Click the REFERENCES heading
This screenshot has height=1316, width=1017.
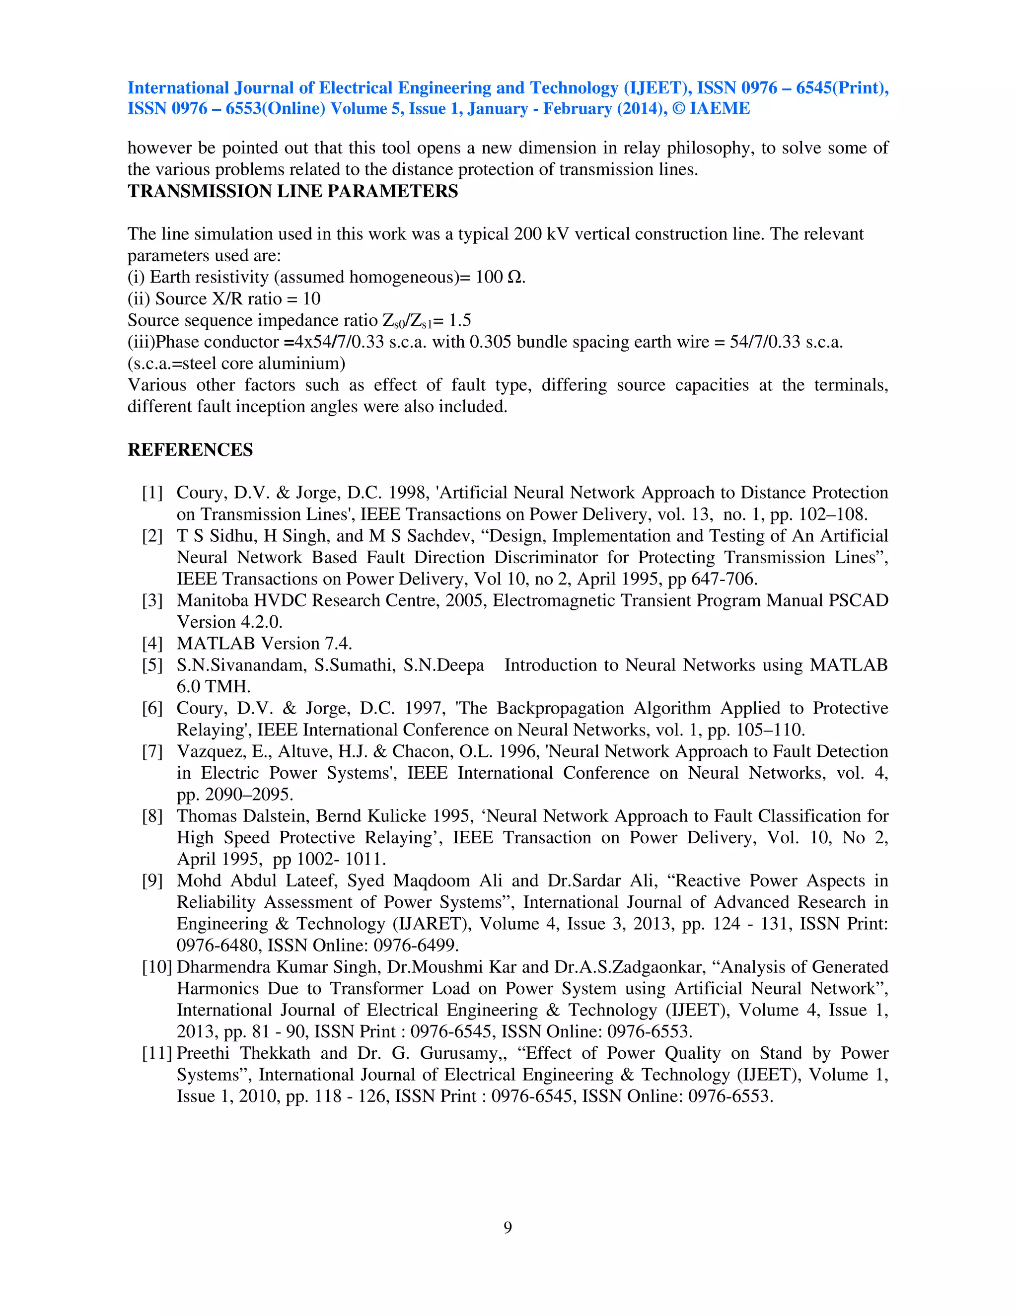(x=190, y=450)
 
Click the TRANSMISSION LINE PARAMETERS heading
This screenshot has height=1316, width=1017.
(x=293, y=191)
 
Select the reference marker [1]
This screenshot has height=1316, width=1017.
(x=152, y=493)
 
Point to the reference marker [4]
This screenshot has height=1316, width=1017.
(x=152, y=644)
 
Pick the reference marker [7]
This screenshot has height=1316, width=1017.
(x=152, y=751)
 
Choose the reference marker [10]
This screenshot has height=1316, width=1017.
(x=156, y=967)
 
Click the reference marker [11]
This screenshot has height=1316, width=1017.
(x=156, y=1053)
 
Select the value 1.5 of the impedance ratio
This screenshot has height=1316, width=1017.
(x=460, y=321)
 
